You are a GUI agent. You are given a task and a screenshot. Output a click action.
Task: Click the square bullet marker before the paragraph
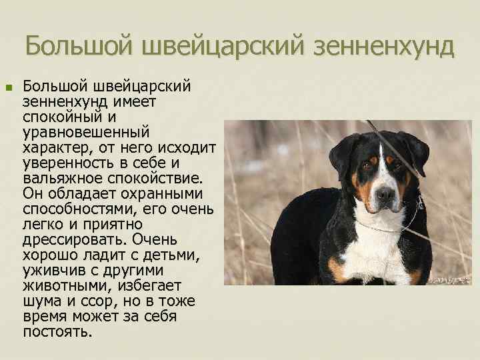9,87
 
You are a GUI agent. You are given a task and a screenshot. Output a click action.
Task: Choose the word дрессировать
74,240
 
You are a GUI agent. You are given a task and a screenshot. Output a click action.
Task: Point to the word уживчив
55,271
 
